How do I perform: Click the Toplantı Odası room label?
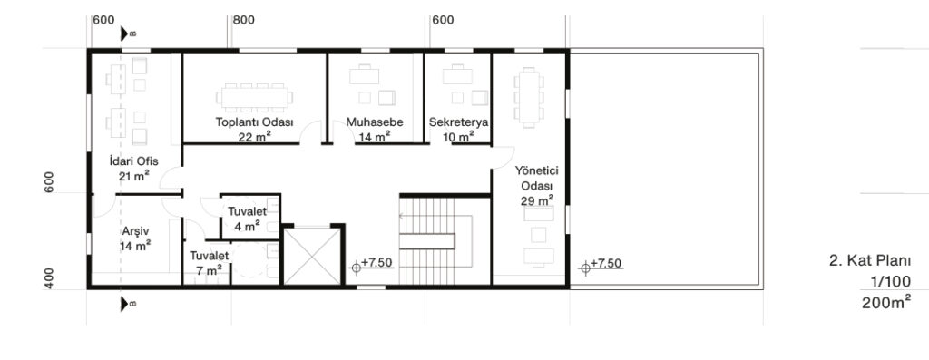(x=255, y=122)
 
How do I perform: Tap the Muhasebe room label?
(x=375, y=122)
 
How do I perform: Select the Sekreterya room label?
(x=458, y=122)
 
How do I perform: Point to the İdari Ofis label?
(x=134, y=161)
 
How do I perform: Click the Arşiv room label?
(x=135, y=231)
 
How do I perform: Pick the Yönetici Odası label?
(x=537, y=178)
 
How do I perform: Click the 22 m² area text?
(x=255, y=137)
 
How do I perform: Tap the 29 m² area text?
(x=537, y=200)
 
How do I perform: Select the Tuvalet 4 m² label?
(x=247, y=219)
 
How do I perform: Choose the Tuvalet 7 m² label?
(x=210, y=262)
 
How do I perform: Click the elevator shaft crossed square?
(x=312, y=256)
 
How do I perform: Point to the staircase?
(x=436, y=241)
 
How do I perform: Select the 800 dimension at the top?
(x=243, y=20)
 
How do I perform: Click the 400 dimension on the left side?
(x=49, y=278)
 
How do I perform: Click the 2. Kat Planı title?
(x=870, y=261)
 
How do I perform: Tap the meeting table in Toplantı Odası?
(x=255, y=98)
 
